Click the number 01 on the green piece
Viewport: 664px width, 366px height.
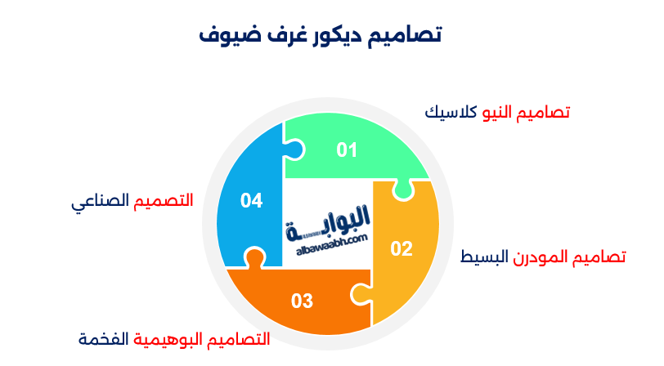point(348,150)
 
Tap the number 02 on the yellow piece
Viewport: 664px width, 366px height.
point(401,249)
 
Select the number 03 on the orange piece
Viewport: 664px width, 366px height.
point(302,301)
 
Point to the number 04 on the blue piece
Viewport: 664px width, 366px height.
point(251,200)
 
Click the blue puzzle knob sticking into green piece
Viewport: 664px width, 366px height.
point(295,150)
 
